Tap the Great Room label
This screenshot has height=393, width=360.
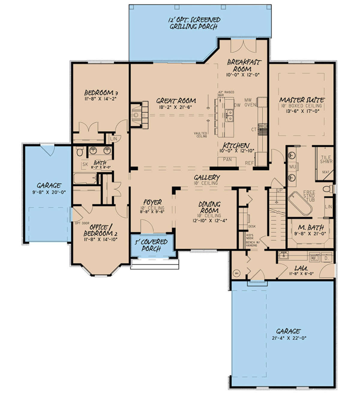coord(176,101)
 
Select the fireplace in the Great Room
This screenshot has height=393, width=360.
coord(136,115)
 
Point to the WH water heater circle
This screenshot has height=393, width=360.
coord(236,273)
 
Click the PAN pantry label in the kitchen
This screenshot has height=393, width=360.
coord(227,159)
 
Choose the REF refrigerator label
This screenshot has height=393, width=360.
coord(249,163)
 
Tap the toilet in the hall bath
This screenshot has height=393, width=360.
coord(80,152)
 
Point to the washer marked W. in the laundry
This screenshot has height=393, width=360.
coord(314,258)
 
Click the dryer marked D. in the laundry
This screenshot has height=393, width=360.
coord(327,258)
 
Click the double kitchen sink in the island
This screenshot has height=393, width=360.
coord(230,115)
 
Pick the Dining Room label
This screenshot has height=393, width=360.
coord(209,207)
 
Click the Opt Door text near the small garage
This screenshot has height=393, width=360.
coord(78,223)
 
